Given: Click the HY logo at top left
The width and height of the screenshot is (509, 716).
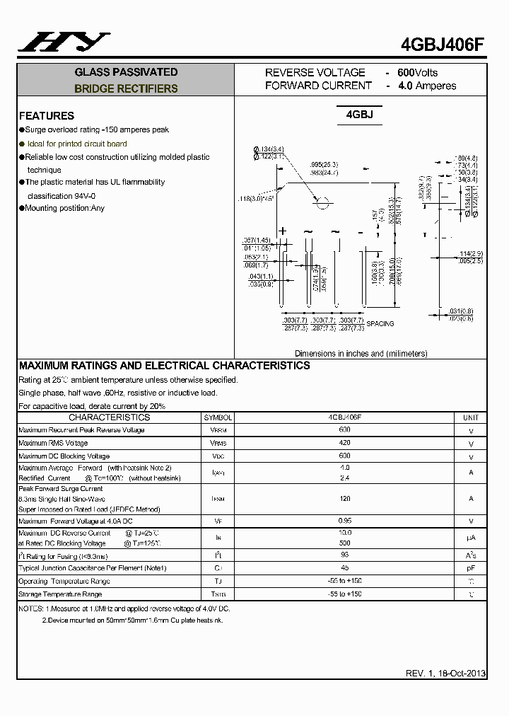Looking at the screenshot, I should (x=64, y=43).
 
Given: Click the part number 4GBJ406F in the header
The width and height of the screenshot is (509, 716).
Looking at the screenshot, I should (x=443, y=42).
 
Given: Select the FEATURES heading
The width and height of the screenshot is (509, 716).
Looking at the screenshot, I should (x=47, y=115).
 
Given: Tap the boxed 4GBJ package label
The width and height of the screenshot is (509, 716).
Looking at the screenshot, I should (x=359, y=115).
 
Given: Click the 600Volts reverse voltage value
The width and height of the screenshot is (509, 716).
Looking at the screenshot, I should (x=417, y=72).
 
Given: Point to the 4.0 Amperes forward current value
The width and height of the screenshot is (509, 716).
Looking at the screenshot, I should (x=427, y=86).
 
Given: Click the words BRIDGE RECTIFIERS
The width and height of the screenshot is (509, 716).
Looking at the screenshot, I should (x=126, y=89).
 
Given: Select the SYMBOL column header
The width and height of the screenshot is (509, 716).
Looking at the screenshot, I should (x=218, y=417).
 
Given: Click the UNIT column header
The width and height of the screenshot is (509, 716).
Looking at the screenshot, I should (x=471, y=417).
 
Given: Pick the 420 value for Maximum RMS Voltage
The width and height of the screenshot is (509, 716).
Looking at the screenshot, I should (x=344, y=443).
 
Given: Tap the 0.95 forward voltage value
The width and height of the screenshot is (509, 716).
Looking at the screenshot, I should (x=344, y=521).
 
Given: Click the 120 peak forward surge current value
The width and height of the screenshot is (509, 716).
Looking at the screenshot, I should (x=344, y=499).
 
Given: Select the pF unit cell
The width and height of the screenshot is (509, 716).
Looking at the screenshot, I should (x=471, y=568).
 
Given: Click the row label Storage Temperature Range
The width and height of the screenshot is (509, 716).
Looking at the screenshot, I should (x=60, y=594).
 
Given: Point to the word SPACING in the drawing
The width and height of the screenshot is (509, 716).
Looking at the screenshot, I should (x=380, y=323).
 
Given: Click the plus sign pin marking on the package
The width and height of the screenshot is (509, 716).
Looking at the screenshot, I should (x=283, y=231).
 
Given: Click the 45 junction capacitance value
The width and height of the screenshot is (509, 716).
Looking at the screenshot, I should (x=344, y=568).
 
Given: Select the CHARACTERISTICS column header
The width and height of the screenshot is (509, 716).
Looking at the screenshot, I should (x=109, y=417).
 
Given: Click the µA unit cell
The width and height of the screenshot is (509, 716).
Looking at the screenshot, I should (x=471, y=538).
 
